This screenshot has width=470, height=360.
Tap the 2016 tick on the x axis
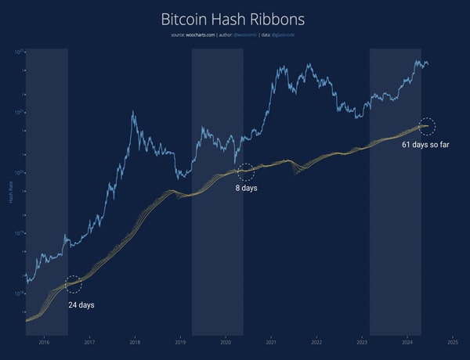pos(44,342)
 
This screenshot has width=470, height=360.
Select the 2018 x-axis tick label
pos(135,342)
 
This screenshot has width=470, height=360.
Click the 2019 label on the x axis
pos(180,342)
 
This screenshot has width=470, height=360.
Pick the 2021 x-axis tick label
pos(271,342)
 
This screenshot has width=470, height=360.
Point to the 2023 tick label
pos(362,342)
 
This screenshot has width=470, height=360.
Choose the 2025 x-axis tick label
pos(452,342)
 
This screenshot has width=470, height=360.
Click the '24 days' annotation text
pos(81,304)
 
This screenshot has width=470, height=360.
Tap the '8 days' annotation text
pos(247,188)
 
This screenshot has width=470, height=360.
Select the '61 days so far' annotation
pos(425,145)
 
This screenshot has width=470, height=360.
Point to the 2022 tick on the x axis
pos(316,342)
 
